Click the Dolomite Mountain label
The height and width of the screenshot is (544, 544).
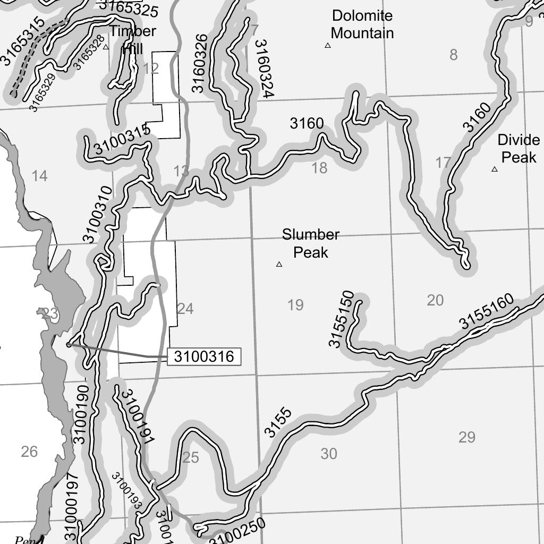(362, 24)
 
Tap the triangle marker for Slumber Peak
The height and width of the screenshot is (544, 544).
(279, 264)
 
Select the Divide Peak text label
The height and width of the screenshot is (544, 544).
(518, 149)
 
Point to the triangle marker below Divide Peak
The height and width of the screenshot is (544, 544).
(495, 169)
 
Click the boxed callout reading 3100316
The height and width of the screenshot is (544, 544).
(205, 356)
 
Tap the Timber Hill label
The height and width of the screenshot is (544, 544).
(132, 39)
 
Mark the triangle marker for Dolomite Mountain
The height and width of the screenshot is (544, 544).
(328, 46)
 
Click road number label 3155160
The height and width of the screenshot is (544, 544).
(487, 311)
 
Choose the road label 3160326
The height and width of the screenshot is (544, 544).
(198, 63)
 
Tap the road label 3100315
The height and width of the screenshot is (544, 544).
(122, 142)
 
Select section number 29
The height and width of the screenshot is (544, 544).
(466, 438)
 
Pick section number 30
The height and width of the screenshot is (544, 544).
(329, 454)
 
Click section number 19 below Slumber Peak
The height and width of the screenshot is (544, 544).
(295, 305)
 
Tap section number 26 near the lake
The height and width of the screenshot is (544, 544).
(29, 452)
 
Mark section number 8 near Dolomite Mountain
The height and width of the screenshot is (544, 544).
(453, 55)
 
